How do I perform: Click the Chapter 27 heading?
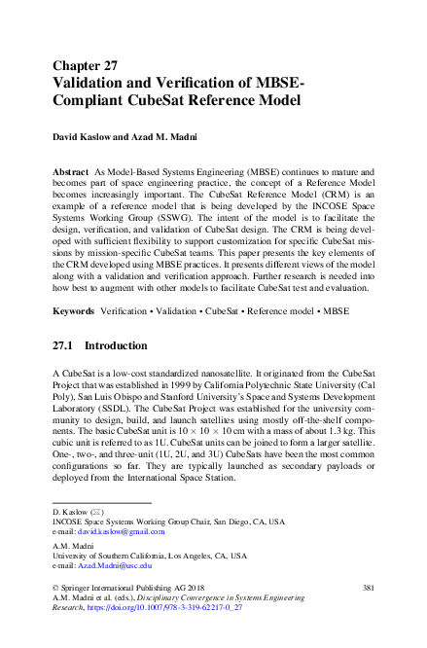(85, 66)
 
